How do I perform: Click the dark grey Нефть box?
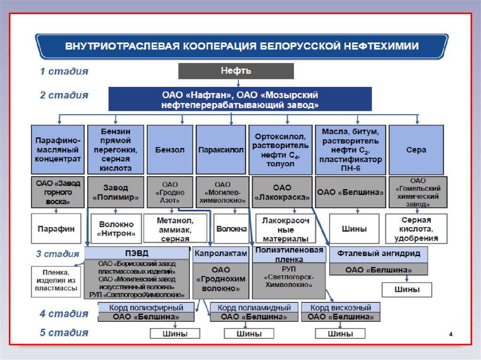tap(236, 71)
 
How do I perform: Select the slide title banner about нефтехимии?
tap(241, 46)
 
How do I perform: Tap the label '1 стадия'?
tap(63, 71)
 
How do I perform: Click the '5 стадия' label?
tap(63, 333)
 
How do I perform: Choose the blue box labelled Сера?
tap(416, 150)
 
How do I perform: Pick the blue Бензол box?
tap(170, 150)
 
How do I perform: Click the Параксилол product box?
tap(221, 150)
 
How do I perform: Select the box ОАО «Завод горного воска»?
tap(58, 192)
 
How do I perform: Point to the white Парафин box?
tap(56, 229)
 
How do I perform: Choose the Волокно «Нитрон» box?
tap(116, 229)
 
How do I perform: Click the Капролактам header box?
tap(220, 253)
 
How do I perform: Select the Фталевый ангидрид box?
tap(378, 254)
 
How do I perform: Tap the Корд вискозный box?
tap(341, 307)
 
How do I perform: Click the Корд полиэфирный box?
tap(146, 307)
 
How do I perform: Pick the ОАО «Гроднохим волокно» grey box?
tap(220, 279)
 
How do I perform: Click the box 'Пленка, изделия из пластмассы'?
tap(56, 281)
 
